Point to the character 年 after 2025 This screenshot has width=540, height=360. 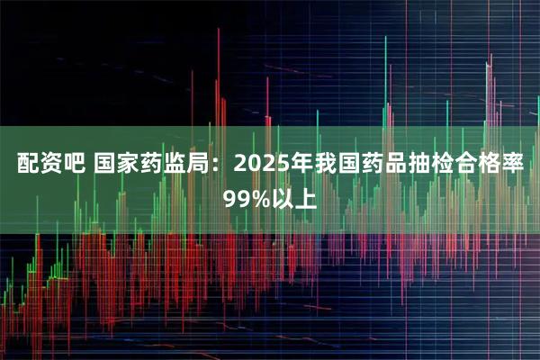pos(297,166)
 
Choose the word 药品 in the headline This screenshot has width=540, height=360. pos(379,166)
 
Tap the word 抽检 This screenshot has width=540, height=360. pos(426,166)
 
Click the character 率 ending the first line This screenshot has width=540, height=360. pos(518,166)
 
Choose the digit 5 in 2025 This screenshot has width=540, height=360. pos(275,166)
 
